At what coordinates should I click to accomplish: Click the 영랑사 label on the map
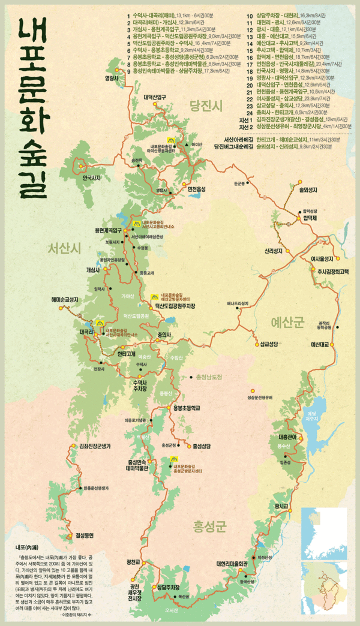coord(112,77)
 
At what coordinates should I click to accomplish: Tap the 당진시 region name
coord(206,106)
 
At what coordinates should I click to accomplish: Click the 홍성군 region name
coord(209,527)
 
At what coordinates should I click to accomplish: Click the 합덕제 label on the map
coord(310,218)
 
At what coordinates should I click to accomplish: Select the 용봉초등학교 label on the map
coord(186,408)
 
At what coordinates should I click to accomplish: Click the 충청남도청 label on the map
coord(209,377)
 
